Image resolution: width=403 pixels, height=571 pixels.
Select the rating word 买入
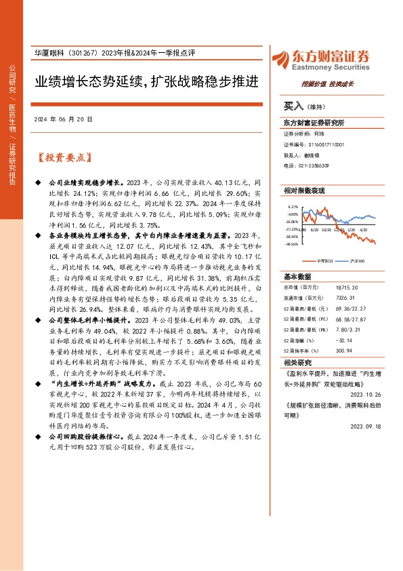[x=293, y=106]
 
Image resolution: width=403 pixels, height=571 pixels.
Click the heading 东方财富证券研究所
[x=314, y=123]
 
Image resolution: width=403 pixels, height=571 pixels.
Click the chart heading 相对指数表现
[x=304, y=191]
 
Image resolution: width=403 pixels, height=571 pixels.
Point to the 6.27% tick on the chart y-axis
[x=293, y=207]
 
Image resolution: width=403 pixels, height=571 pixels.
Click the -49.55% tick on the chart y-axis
[x=292, y=244]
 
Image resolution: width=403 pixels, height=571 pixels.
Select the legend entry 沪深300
[x=356, y=260]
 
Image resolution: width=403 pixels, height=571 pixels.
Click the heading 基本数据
[x=297, y=277]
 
